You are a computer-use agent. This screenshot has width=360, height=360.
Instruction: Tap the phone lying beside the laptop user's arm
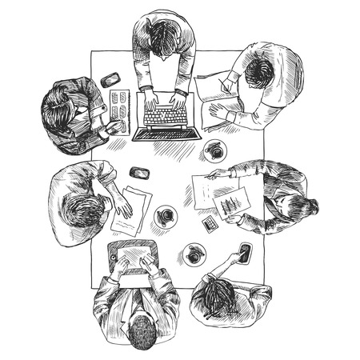click(x=110, y=79)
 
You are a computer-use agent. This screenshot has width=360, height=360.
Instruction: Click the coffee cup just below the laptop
click(x=214, y=149)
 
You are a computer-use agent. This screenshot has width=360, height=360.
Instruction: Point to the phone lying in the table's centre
click(x=139, y=172)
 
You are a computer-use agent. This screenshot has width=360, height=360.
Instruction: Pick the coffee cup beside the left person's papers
click(x=166, y=216)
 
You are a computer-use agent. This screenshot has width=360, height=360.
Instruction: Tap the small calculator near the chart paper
click(x=210, y=224)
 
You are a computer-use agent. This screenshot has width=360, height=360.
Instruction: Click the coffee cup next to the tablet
click(x=194, y=254)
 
